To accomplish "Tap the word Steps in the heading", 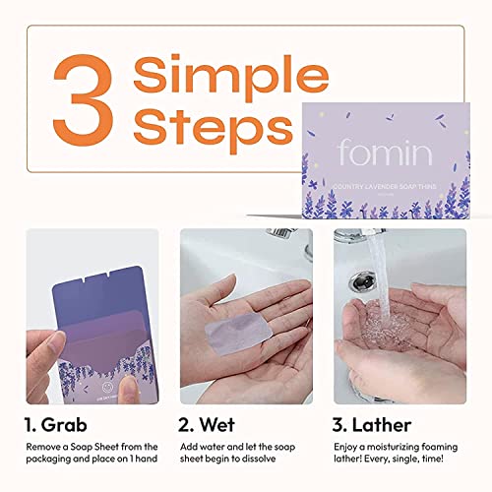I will pos(215,129).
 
